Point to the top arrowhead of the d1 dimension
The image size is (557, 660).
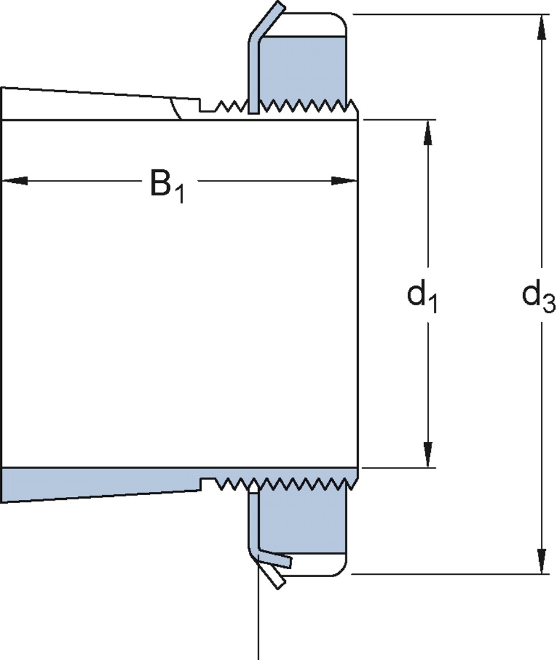(x=427, y=133)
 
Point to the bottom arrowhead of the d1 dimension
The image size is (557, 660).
(x=427, y=454)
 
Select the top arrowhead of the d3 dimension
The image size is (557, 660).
(x=542, y=27)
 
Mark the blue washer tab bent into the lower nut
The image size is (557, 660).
(x=275, y=558)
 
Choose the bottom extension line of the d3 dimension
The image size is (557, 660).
(x=446, y=574)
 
